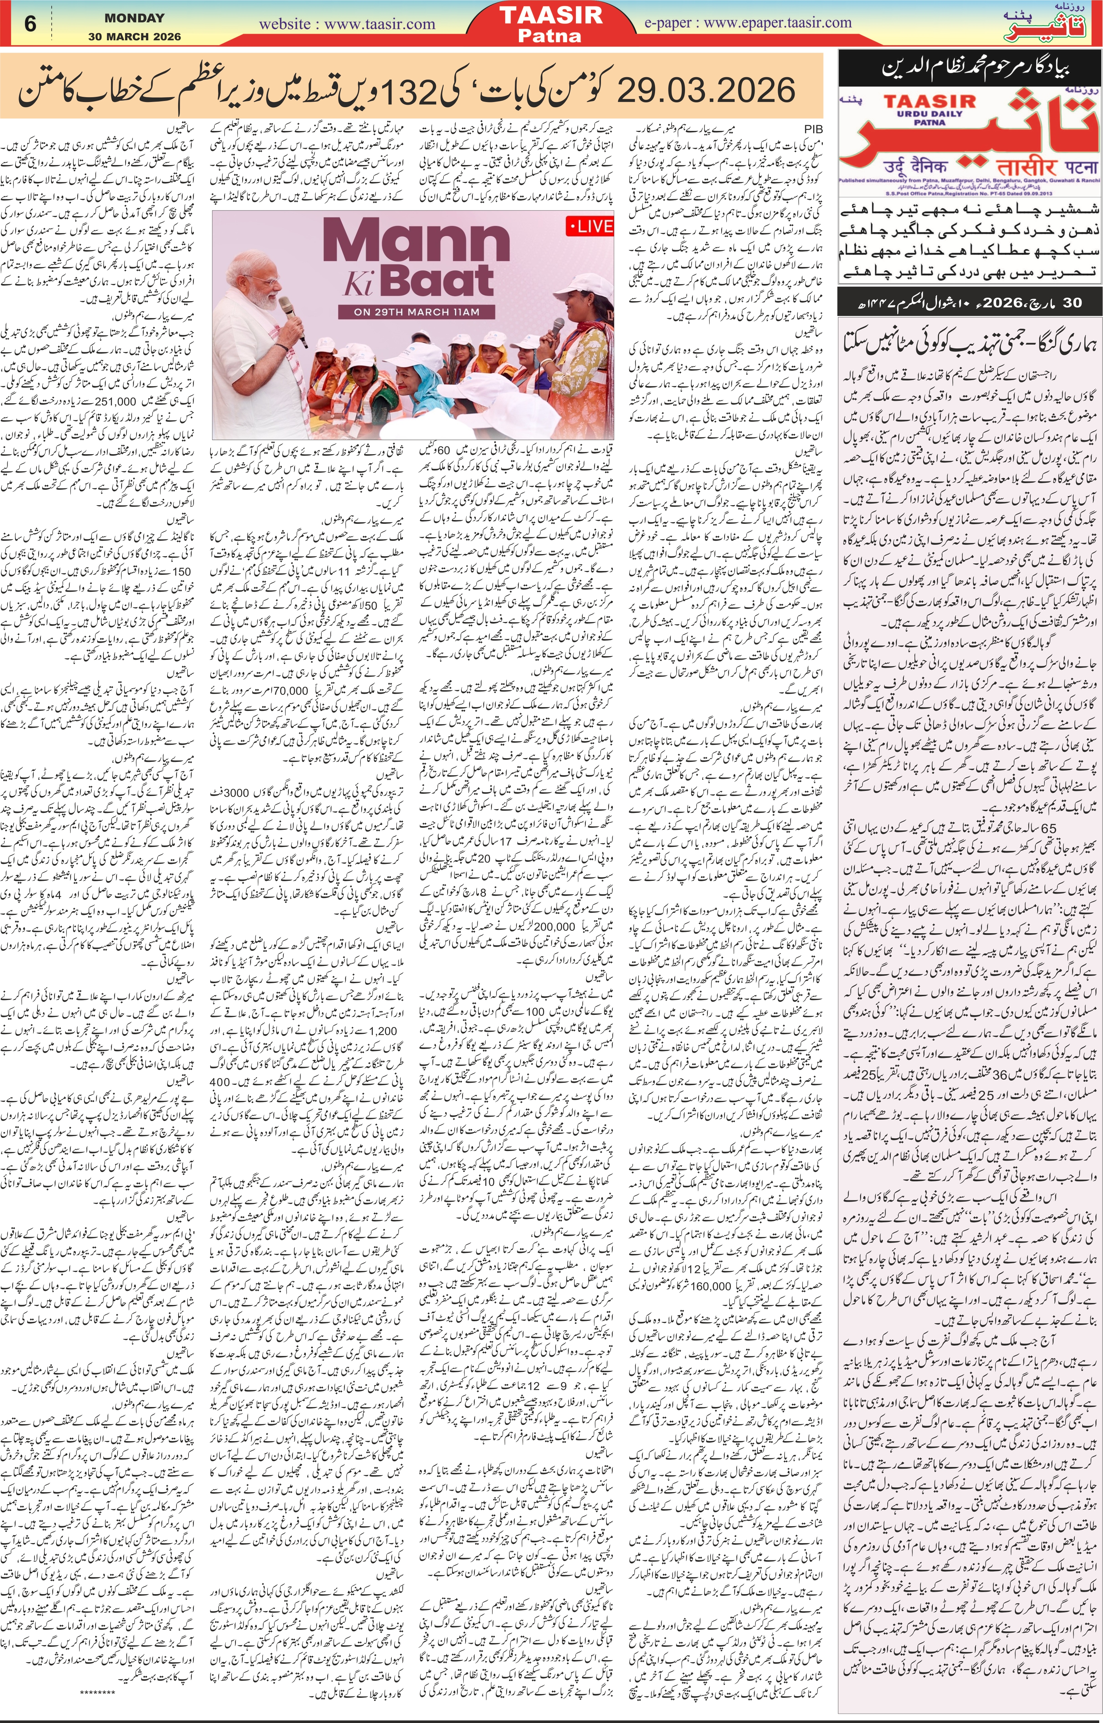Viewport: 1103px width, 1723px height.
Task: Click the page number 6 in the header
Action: click(x=30, y=24)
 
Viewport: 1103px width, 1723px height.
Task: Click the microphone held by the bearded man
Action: click(x=288, y=321)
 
